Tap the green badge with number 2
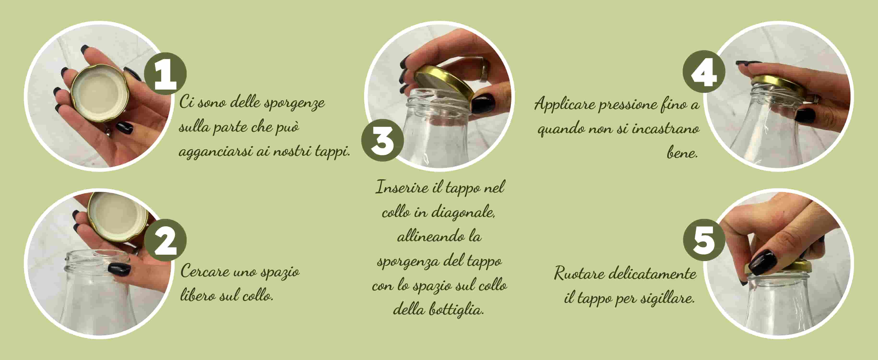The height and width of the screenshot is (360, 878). click(165, 240)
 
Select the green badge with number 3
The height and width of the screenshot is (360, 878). click(382, 140)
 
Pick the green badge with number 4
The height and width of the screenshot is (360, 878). click(704, 72)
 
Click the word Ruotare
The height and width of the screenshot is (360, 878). click(579, 273)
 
